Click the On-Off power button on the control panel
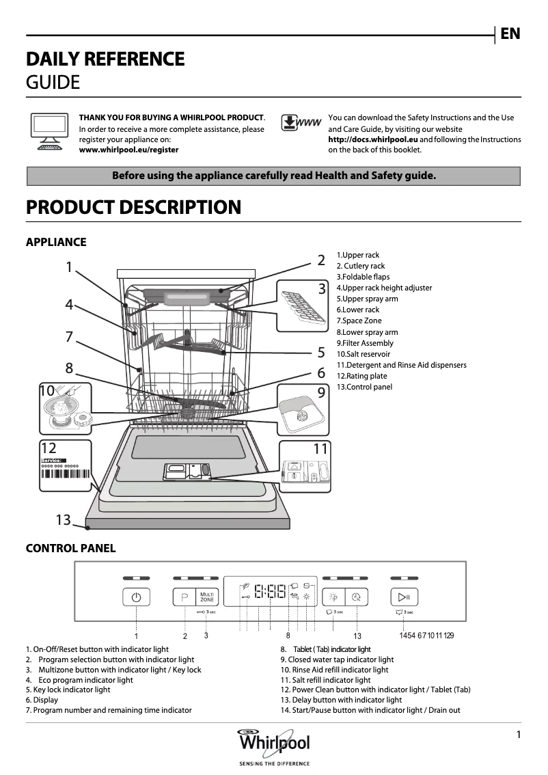pos(136,597)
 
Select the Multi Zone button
pos(207,597)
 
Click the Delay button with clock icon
pos(356,597)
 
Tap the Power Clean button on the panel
pos(333,597)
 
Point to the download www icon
pos(301,124)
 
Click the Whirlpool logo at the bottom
pos(273,743)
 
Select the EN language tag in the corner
pos(510,33)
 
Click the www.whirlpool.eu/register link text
pos(128,150)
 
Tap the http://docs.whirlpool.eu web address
pos(372,139)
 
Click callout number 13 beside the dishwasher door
pos(64,520)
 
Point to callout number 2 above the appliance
pos(320,260)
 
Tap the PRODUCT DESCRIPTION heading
pos(133,208)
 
